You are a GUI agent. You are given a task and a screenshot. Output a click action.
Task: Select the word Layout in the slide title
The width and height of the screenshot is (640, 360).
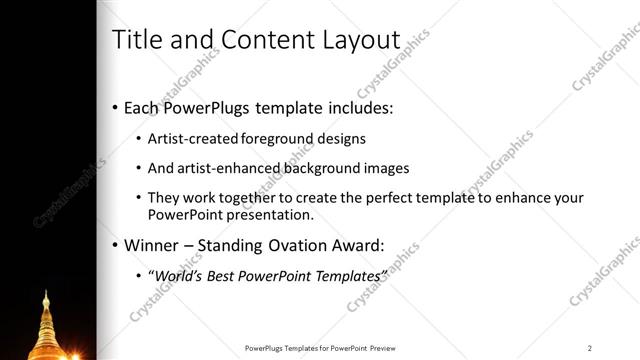click(359, 40)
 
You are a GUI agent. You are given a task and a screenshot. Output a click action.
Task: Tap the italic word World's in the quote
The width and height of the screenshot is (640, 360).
click(180, 275)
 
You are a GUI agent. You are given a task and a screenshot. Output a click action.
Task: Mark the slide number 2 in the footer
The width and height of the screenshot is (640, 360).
click(590, 348)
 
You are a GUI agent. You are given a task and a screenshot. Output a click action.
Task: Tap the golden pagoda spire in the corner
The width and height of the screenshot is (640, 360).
click(46, 320)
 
